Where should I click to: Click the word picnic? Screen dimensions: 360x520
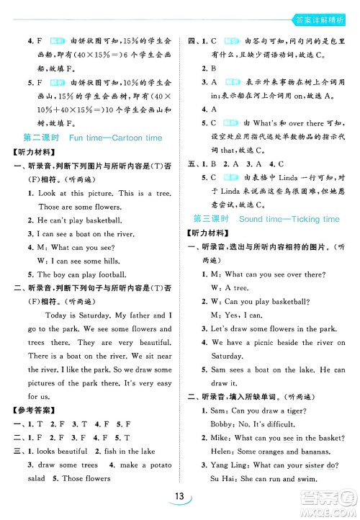pos(263,343)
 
